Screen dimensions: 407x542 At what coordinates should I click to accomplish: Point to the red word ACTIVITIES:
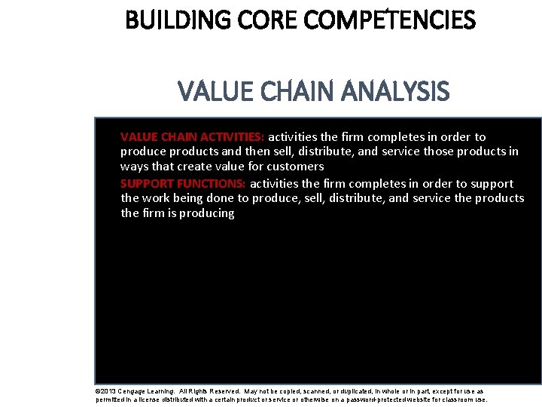230,137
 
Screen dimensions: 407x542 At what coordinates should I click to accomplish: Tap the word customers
295,167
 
